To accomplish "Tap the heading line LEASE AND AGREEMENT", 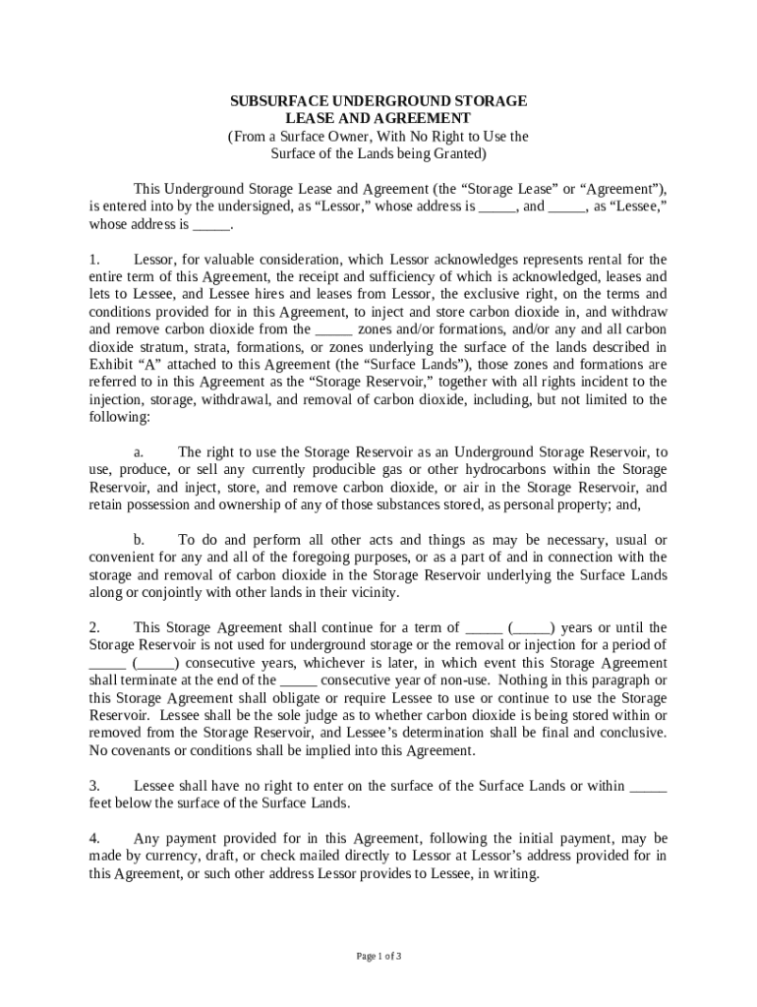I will tap(378, 119).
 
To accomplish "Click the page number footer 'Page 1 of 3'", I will tap(378, 956).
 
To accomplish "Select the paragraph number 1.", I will tap(94, 260).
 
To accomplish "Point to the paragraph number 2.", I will tap(94, 627).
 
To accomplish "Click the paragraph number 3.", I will tap(94, 786).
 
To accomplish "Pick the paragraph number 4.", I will tap(94, 839).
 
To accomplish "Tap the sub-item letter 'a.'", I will tap(140, 451).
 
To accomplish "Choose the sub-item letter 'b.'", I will tap(140, 540).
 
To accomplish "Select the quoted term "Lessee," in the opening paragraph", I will tap(638, 207).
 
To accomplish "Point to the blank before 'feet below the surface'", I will tap(647, 787).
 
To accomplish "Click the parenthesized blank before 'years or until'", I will tap(531, 628).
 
